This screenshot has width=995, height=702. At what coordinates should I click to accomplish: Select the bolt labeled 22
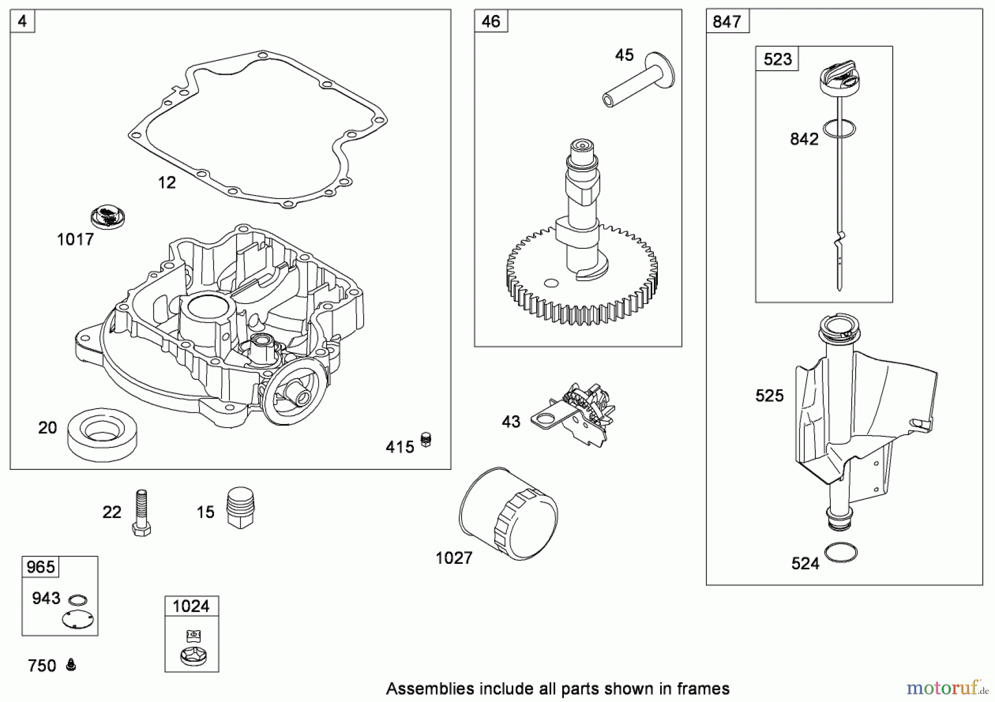[142, 513]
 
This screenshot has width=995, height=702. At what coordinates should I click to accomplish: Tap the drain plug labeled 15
[240, 507]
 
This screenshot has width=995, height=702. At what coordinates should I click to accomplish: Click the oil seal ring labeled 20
[102, 434]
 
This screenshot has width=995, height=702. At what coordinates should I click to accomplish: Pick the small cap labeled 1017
[108, 217]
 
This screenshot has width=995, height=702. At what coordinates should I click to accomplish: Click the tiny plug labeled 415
[426, 440]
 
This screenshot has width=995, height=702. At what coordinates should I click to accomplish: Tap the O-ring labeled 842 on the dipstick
[839, 129]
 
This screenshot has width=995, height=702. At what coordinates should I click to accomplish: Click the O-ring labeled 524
[841, 552]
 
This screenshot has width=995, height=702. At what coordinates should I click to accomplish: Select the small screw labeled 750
[71, 664]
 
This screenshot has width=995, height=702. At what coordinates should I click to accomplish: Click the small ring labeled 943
[77, 600]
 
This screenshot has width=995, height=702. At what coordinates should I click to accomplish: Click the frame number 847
[727, 22]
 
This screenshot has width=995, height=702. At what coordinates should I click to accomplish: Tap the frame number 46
[490, 22]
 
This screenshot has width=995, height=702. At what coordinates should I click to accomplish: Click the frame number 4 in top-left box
[22, 22]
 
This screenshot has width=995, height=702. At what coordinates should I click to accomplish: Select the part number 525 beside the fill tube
[769, 396]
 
